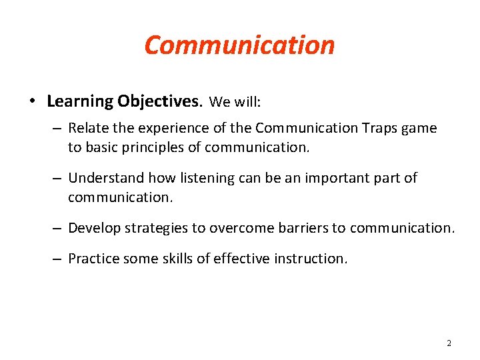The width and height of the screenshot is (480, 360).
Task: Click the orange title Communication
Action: pyautogui.click(x=239, y=45)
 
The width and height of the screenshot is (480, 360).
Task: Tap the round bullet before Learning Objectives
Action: pyautogui.click(x=32, y=102)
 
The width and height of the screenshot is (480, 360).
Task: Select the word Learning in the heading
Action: pyautogui.click(x=80, y=101)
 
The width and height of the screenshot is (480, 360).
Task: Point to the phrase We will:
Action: pyautogui.click(x=235, y=102)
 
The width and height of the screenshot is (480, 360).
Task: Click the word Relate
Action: pyautogui.click(x=87, y=128)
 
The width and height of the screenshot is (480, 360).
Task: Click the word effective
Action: pyautogui.click(x=238, y=259)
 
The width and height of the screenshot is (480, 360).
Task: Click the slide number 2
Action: pyautogui.click(x=448, y=343)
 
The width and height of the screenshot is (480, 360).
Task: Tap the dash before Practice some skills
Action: pyautogui.click(x=57, y=259)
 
